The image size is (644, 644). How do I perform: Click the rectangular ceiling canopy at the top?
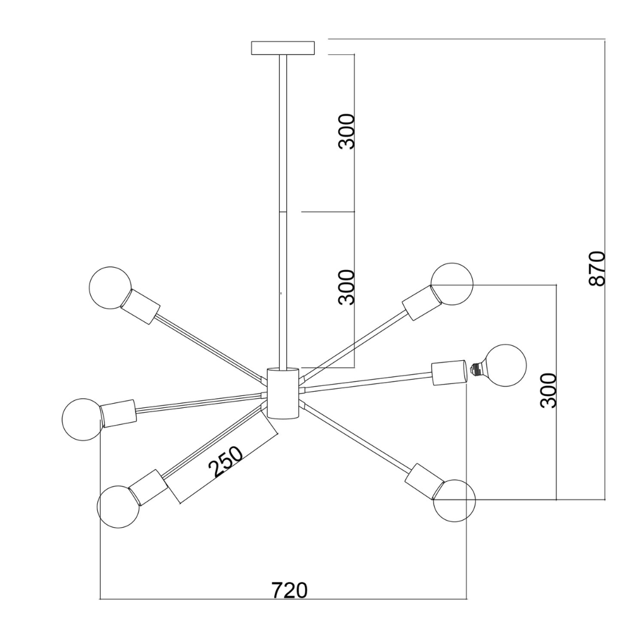tap(283, 48)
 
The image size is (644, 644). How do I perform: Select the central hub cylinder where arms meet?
tap(282, 393)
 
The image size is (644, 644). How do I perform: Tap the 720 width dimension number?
tap(290, 590)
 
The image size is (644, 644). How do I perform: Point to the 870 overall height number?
tap(597, 268)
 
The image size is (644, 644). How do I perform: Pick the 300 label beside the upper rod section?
tap(346, 131)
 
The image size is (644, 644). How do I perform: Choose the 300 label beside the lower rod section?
tap(346, 287)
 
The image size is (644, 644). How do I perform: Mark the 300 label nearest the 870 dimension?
tap(548, 390)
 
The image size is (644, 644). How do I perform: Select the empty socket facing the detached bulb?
tap(448, 373)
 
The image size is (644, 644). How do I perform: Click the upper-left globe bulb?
tap(110, 287)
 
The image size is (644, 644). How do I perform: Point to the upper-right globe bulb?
tap(452, 284)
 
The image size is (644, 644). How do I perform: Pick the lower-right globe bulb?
tap(454, 500)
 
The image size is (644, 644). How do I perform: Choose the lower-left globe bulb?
tap(118, 506)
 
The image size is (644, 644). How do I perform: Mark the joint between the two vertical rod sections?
tap(283, 212)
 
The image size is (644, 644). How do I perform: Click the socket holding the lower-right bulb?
tap(424, 480)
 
